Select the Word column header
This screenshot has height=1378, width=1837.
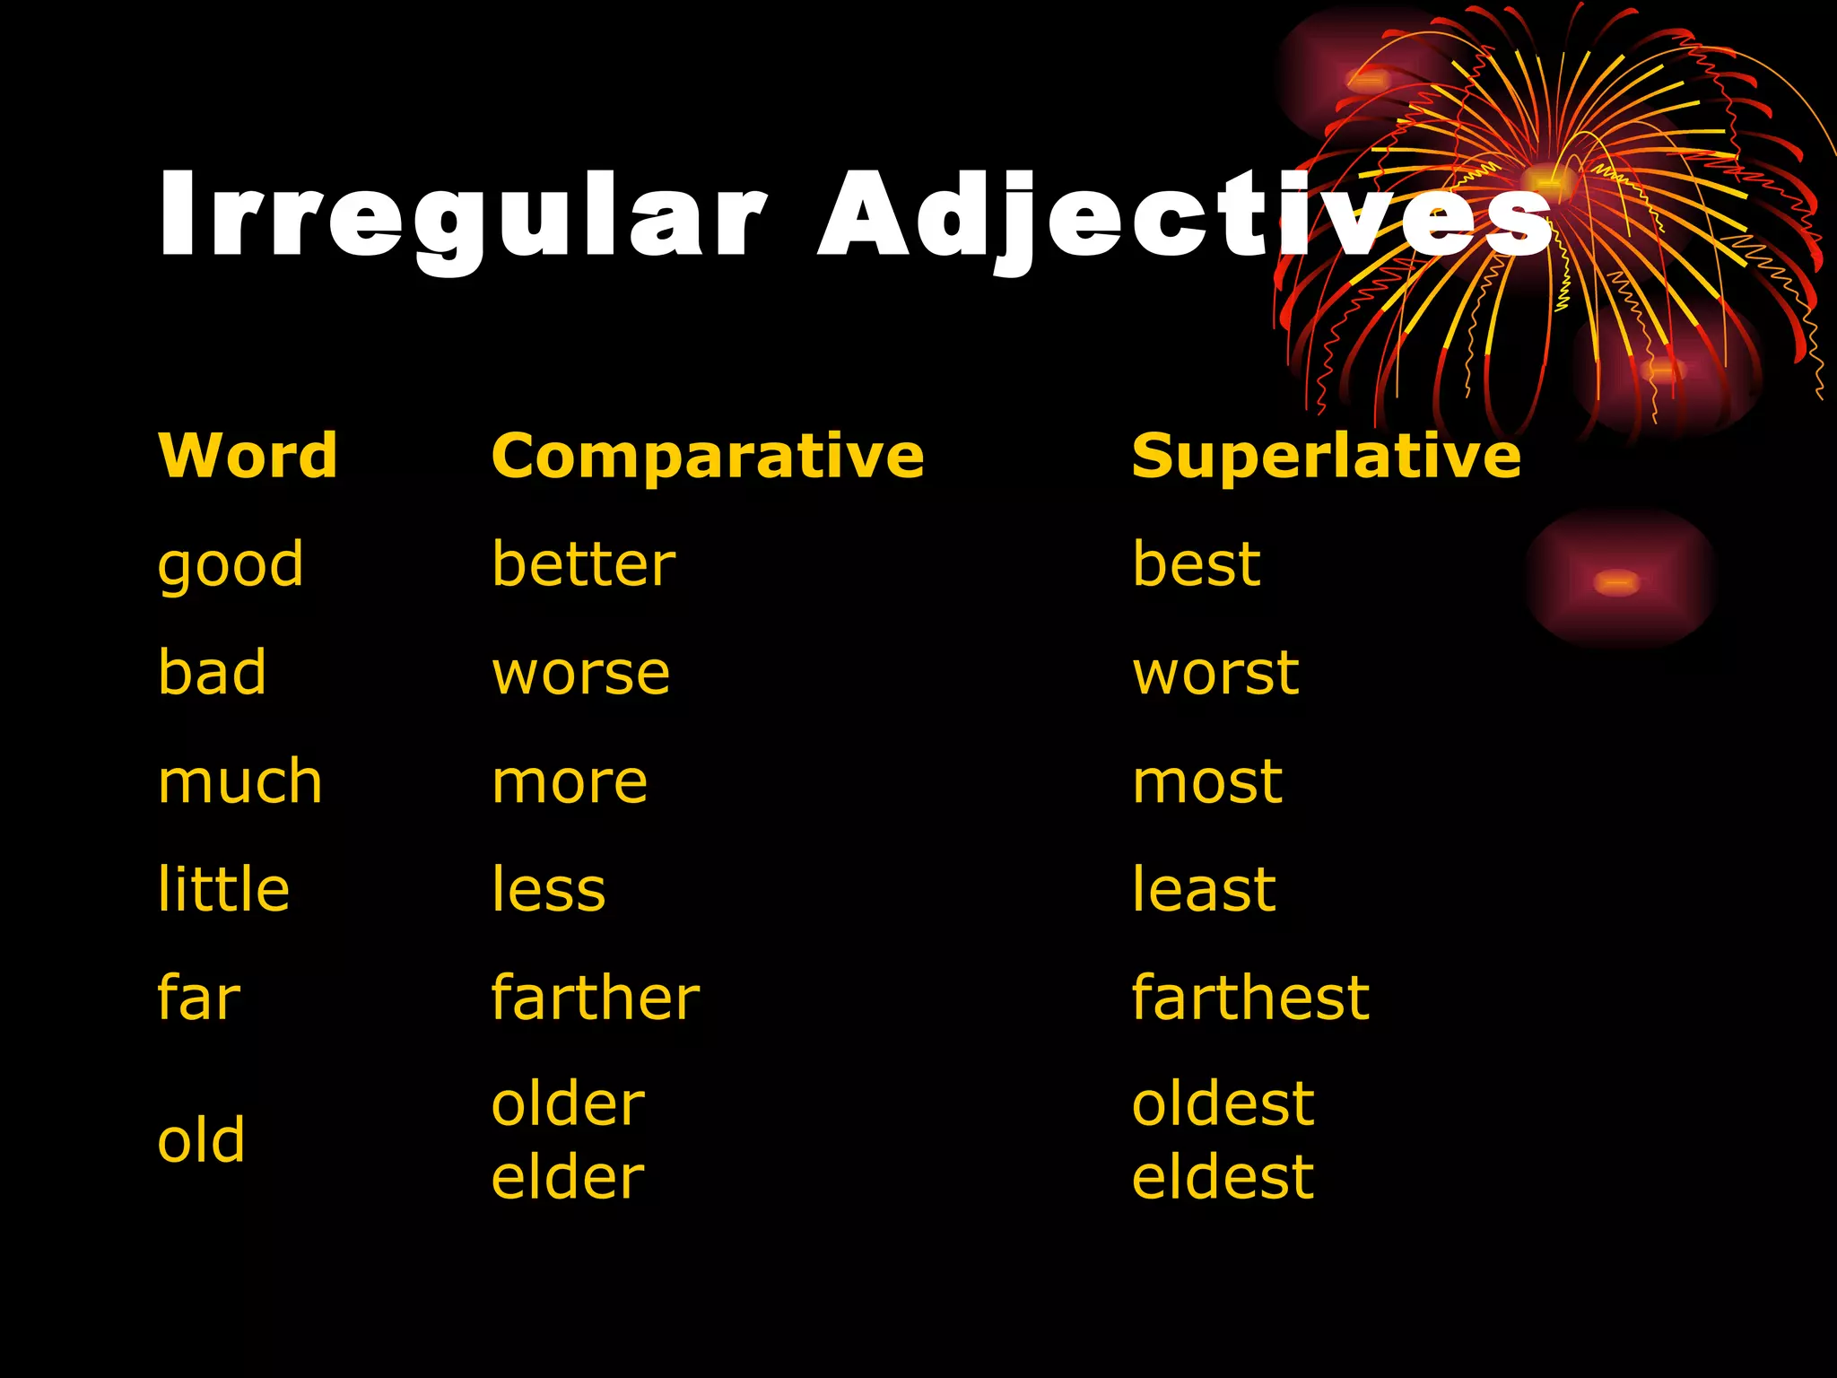(x=248, y=456)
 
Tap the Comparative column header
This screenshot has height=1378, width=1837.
(x=708, y=458)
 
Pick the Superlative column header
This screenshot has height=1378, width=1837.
(x=1326, y=456)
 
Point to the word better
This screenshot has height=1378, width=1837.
(x=584, y=565)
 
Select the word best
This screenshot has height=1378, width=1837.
(x=1196, y=565)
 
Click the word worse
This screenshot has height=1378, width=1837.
(x=580, y=675)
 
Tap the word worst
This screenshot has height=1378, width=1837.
(x=1215, y=673)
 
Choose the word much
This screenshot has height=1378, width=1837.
(x=239, y=781)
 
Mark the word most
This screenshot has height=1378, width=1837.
(x=1206, y=782)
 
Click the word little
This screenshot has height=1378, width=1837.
(x=223, y=889)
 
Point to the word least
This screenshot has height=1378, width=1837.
(x=1203, y=889)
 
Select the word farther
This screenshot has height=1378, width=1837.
(x=595, y=998)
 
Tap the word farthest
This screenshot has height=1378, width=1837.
(x=1250, y=998)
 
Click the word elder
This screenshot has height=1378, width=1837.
(x=568, y=1177)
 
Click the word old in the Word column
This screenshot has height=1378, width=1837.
(x=201, y=1140)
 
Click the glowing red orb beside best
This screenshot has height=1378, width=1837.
(x=1617, y=581)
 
